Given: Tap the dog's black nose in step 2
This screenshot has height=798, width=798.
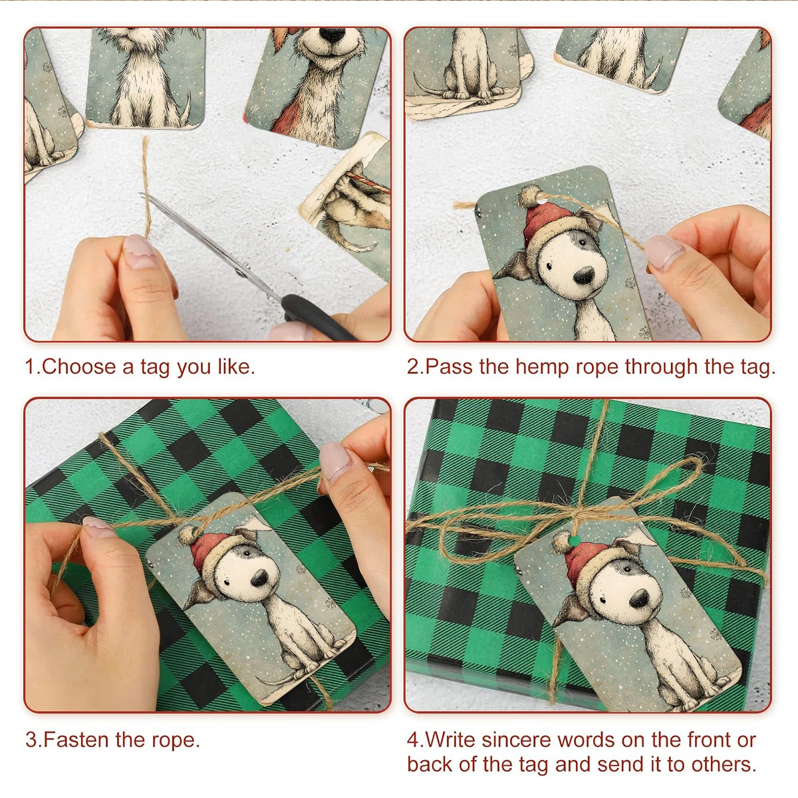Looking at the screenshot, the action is tap(585, 275).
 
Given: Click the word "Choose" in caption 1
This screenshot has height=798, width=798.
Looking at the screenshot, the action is tap(78, 366).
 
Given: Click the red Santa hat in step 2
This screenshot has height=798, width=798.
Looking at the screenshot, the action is tap(546, 219).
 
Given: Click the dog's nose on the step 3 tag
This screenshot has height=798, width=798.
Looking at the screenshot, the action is tap(261, 577).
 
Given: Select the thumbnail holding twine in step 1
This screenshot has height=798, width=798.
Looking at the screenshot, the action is tap(141, 251).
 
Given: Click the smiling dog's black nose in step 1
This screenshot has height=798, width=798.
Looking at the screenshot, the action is tap(332, 35).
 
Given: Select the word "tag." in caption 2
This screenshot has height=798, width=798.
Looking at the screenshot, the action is tap(757, 367).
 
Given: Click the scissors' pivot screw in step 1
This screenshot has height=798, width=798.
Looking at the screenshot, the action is tap(239, 273).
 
